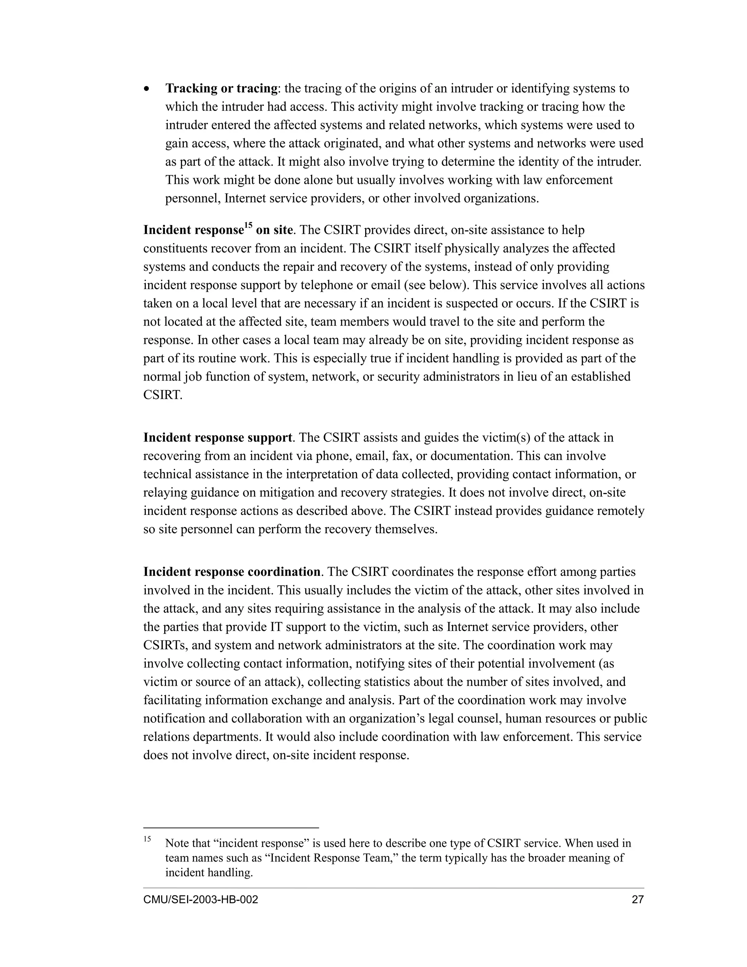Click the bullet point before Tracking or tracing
coord(147,89)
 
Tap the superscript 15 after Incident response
coord(248,226)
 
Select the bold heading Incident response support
coord(217,438)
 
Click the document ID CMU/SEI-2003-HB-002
coord(201,900)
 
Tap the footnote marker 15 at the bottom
coord(147,839)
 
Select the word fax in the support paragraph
coord(400,456)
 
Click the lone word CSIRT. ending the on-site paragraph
coord(162,395)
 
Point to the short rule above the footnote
coord(231,827)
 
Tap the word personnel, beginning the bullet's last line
coord(193,199)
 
